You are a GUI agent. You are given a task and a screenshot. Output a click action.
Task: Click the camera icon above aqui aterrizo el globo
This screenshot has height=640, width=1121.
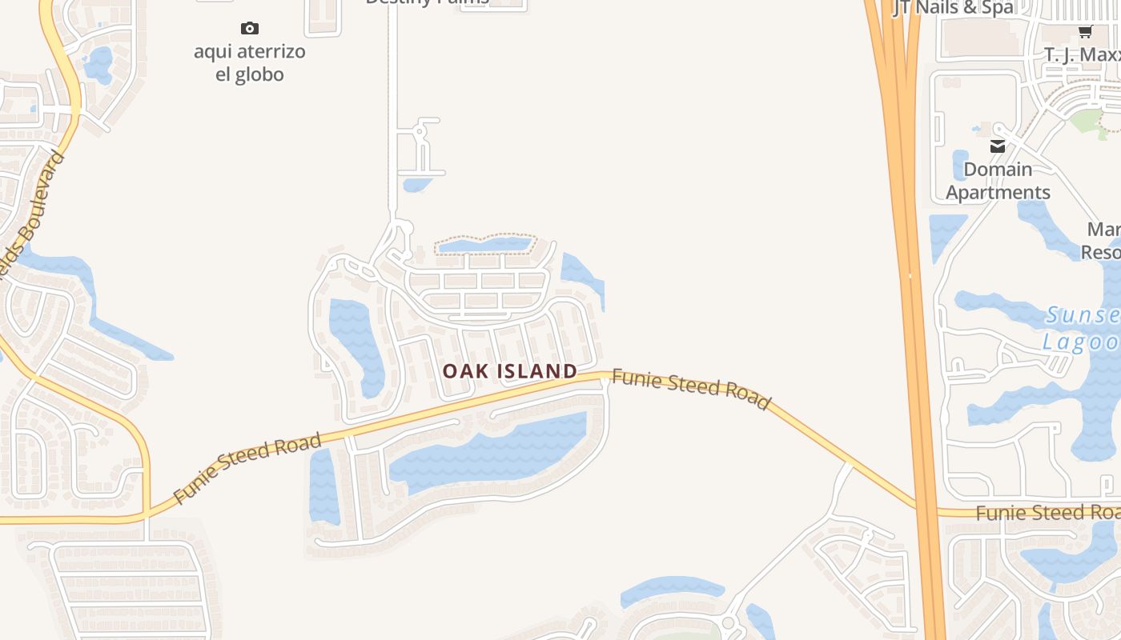click(x=250, y=29)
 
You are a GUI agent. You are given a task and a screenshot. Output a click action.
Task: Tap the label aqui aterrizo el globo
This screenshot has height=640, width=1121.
click(x=250, y=63)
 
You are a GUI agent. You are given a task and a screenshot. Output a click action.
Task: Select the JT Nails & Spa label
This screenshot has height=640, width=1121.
click(x=953, y=8)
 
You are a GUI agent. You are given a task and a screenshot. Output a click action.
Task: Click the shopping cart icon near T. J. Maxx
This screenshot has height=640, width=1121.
click(x=1085, y=32)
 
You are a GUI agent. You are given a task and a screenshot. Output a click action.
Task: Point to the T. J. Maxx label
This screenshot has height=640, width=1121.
click(x=1082, y=54)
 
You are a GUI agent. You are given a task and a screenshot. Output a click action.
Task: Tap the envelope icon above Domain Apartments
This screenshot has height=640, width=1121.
click(x=998, y=146)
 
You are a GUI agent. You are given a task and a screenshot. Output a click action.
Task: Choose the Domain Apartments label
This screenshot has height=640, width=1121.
click(x=998, y=181)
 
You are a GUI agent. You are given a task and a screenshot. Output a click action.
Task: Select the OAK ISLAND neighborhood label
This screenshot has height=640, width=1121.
click(x=510, y=371)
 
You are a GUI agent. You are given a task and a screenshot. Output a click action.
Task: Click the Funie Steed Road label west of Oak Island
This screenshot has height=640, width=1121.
click(x=247, y=467)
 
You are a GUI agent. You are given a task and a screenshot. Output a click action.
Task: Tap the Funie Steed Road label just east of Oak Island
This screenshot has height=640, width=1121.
click(x=690, y=389)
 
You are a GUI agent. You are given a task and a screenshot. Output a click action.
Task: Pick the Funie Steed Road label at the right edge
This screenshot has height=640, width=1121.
click(x=1047, y=512)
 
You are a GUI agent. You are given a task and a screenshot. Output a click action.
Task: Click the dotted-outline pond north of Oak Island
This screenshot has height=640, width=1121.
click(x=484, y=245)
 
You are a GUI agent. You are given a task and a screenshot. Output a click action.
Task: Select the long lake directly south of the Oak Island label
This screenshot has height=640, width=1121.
click(x=488, y=452)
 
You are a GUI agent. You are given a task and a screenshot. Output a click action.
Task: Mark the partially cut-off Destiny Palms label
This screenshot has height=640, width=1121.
click(x=427, y=2)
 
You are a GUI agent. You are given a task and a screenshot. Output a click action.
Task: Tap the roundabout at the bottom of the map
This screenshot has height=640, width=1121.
click(x=728, y=622)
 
